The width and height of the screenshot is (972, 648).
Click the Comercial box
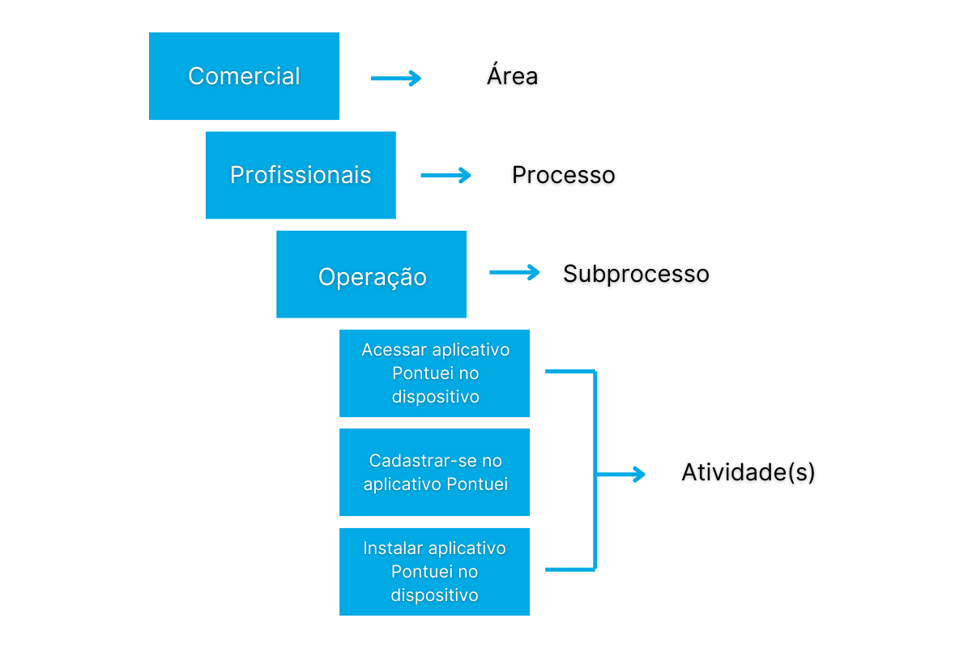pyautogui.click(x=244, y=76)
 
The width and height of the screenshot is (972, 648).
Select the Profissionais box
pyautogui.click(x=301, y=175)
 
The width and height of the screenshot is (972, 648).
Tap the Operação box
pyautogui.click(x=371, y=275)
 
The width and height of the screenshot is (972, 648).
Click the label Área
pyautogui.click(x=512, y=76)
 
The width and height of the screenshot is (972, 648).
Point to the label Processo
pyautogui.click(x=563, y=175)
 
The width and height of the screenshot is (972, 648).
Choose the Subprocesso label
pyautogui.click(x=636, y=274)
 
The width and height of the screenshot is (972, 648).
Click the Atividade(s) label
pyautogui.click(x=748, y=472)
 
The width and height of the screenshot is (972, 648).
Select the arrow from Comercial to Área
pyautogui.click(x=396, y=78)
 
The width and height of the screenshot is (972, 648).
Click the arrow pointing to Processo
pyautogui.click(x=446, y=175)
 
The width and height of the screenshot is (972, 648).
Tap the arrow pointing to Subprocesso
pyautogui.click(x=514, y=273)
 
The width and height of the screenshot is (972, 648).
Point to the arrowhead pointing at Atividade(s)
pyautogui.click(x=638, y=475)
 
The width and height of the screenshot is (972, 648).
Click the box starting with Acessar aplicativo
pyautogui.click(x=434, y=373)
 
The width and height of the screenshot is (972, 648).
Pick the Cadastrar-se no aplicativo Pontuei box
pyautogui.click(x=434, y=472)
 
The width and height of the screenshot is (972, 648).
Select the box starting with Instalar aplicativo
pyautogui.click(x=434, y=572)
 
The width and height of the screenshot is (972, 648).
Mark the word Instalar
pyautogui.click(x=392, y=548)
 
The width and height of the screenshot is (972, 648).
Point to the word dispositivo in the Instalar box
pyautogui.click(x=434, y=595)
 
